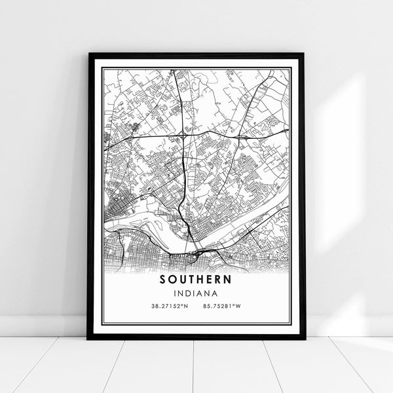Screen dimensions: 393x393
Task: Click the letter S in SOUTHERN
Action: (162, 279)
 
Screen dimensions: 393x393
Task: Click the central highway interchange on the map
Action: (182, 134)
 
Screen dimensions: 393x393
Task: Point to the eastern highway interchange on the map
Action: (242, 138)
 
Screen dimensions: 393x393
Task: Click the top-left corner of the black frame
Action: (88, 54)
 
